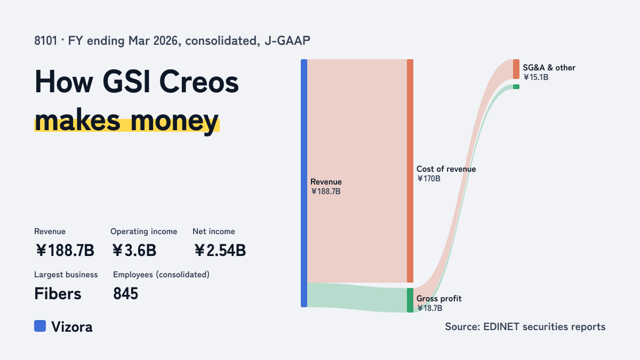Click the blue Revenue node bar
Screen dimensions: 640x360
click(x=304, y=183)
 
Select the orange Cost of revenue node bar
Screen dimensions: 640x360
click(x=410, y=171)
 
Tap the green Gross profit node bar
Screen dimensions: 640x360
click(x=410, y=300)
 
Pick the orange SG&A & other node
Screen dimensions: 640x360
click(x=516, y=69)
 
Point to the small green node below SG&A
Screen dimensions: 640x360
click(x=516, y=86)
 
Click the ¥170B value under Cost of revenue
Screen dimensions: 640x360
click(x=429, y=179)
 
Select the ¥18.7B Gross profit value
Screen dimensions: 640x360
click(x=429, y=308)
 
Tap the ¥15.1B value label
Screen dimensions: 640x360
click(x=535, y=77)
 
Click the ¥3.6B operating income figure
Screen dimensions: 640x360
click(x=134, y=250)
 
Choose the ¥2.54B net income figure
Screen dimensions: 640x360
click(x=220, y=250)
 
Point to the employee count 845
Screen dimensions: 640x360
click(x=125, y=293)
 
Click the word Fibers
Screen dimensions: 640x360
click(x=58, y=293)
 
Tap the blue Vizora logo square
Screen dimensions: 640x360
click(x=40, y=326)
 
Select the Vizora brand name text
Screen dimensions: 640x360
click(x=72, y=326)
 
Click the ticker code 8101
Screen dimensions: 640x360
click(x=46, y=41)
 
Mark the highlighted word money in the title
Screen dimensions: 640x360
click(x=174, y=121)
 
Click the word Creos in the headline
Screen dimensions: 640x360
click(x=199, y=82)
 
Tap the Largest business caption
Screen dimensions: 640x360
click(x=66, y=275)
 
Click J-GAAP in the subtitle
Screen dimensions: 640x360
click(x=287, y=41)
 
